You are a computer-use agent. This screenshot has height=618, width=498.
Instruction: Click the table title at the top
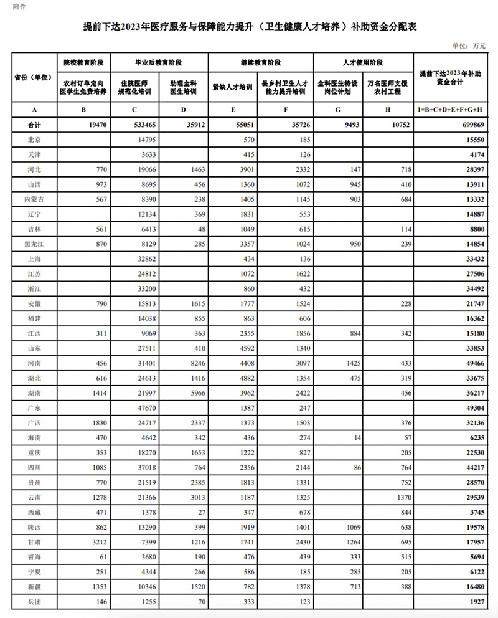[250, 27]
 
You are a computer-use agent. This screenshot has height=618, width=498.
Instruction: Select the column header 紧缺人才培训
[232, 87]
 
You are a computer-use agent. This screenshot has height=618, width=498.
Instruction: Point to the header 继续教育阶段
[260, 63]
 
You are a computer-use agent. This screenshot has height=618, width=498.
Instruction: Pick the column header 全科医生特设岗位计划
[338, 87]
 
